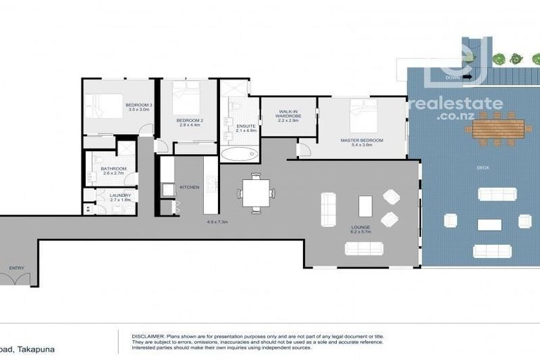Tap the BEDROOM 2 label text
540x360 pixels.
[190, 120]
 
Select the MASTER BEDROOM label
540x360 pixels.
[361, 141]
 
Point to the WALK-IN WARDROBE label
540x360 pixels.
[288, 112]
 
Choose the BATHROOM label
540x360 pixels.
[113, 169]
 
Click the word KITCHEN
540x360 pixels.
[190, 187]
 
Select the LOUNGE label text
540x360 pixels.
[361, 227]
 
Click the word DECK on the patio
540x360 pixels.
[482, 167]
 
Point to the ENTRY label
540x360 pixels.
[16, 268]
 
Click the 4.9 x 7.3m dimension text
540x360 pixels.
[217, 222]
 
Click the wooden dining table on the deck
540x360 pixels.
[499, 128]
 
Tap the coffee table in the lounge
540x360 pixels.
[365, 206]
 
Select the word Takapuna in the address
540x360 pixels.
[35, 349]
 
